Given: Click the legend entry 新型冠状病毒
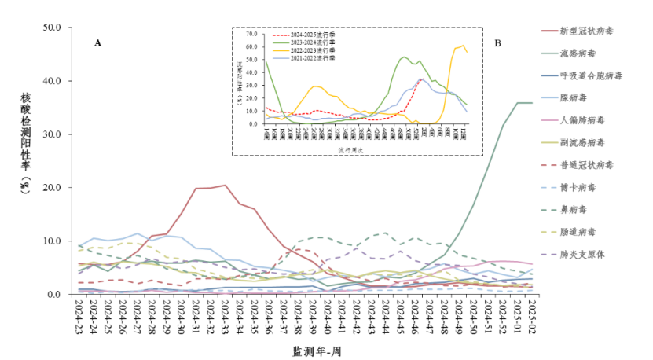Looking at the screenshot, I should [586, 31].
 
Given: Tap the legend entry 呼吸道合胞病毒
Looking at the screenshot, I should [591, 75].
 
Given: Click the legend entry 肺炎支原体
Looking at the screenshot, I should [585, 255].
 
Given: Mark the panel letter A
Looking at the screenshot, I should [97, 43].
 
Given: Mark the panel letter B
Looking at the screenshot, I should [497, 43].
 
